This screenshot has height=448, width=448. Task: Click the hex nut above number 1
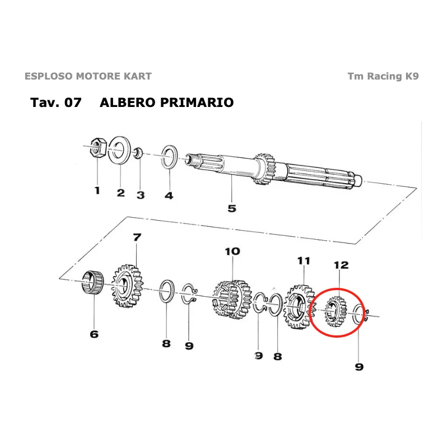tap(98, 147)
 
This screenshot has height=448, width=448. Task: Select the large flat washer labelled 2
tap(119, 150)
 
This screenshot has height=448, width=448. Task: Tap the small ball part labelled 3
tap(138, 152)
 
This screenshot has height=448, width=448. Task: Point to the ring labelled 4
tap(169, 157)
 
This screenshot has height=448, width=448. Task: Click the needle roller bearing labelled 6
tap(92, 282)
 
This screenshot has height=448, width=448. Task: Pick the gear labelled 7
tap(127, 286)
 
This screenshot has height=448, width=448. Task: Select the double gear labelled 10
tap(232, 300)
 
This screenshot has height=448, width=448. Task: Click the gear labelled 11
tap(298, 306)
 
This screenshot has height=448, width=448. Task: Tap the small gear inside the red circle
tap(336, 311)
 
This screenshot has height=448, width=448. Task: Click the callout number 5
tap(232, 208)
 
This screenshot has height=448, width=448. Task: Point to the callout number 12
tap(341, 265)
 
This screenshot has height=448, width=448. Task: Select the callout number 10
tap(232, 251)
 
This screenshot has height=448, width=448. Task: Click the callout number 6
tap(94, 334)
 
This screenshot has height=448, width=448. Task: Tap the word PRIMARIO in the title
tap(197, 102)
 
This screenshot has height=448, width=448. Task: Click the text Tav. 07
tap(55, 102)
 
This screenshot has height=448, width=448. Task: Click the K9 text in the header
tap(412, 76)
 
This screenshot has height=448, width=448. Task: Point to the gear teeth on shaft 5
tap(264, 169)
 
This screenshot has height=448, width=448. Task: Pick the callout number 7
tap(137, 237)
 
